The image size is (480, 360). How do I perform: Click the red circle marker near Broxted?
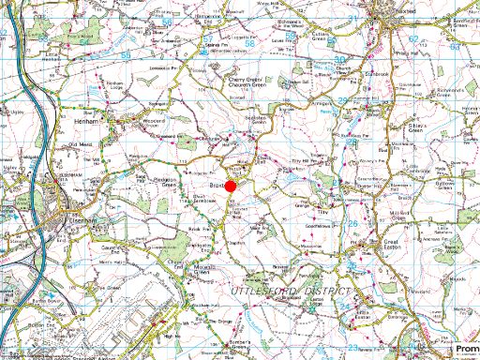point(231,187)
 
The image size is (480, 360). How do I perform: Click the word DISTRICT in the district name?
point(325,293)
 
